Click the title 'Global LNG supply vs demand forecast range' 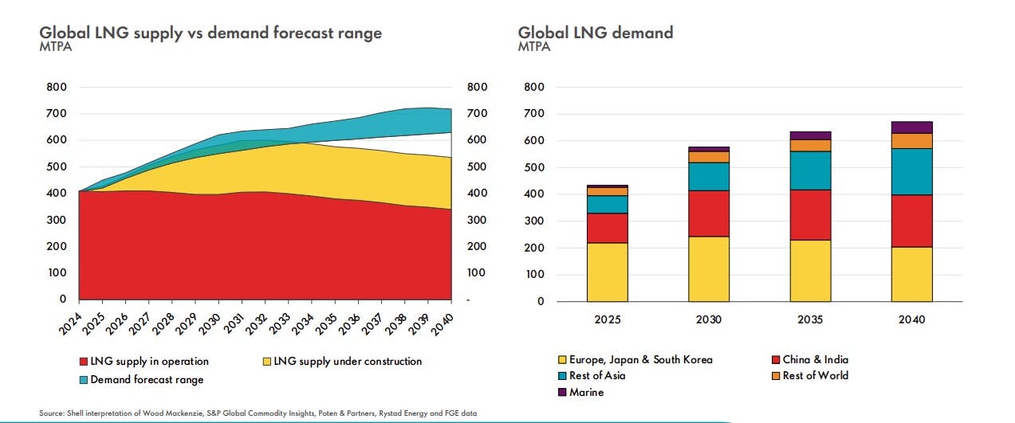pyautogui.click(x=210, y=33)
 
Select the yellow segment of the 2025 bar pyautogui.click(x=607, y=272)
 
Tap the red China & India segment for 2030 pyautogui.click(x=709, y=213)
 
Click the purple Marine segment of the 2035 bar pyautogui.click(x=810, y=135)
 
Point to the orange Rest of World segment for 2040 pyautogui.click(x=912, y=141)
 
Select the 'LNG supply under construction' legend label pyautogui.click(x=348, y=362)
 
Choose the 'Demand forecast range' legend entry pyautogui.click(x=147, y=380)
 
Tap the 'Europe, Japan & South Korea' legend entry pyautogui.click(x=640, y=359)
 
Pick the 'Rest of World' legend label pyautogui.click(x=816, y=375)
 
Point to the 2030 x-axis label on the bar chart pyautogui.click(x=709, y=319)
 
